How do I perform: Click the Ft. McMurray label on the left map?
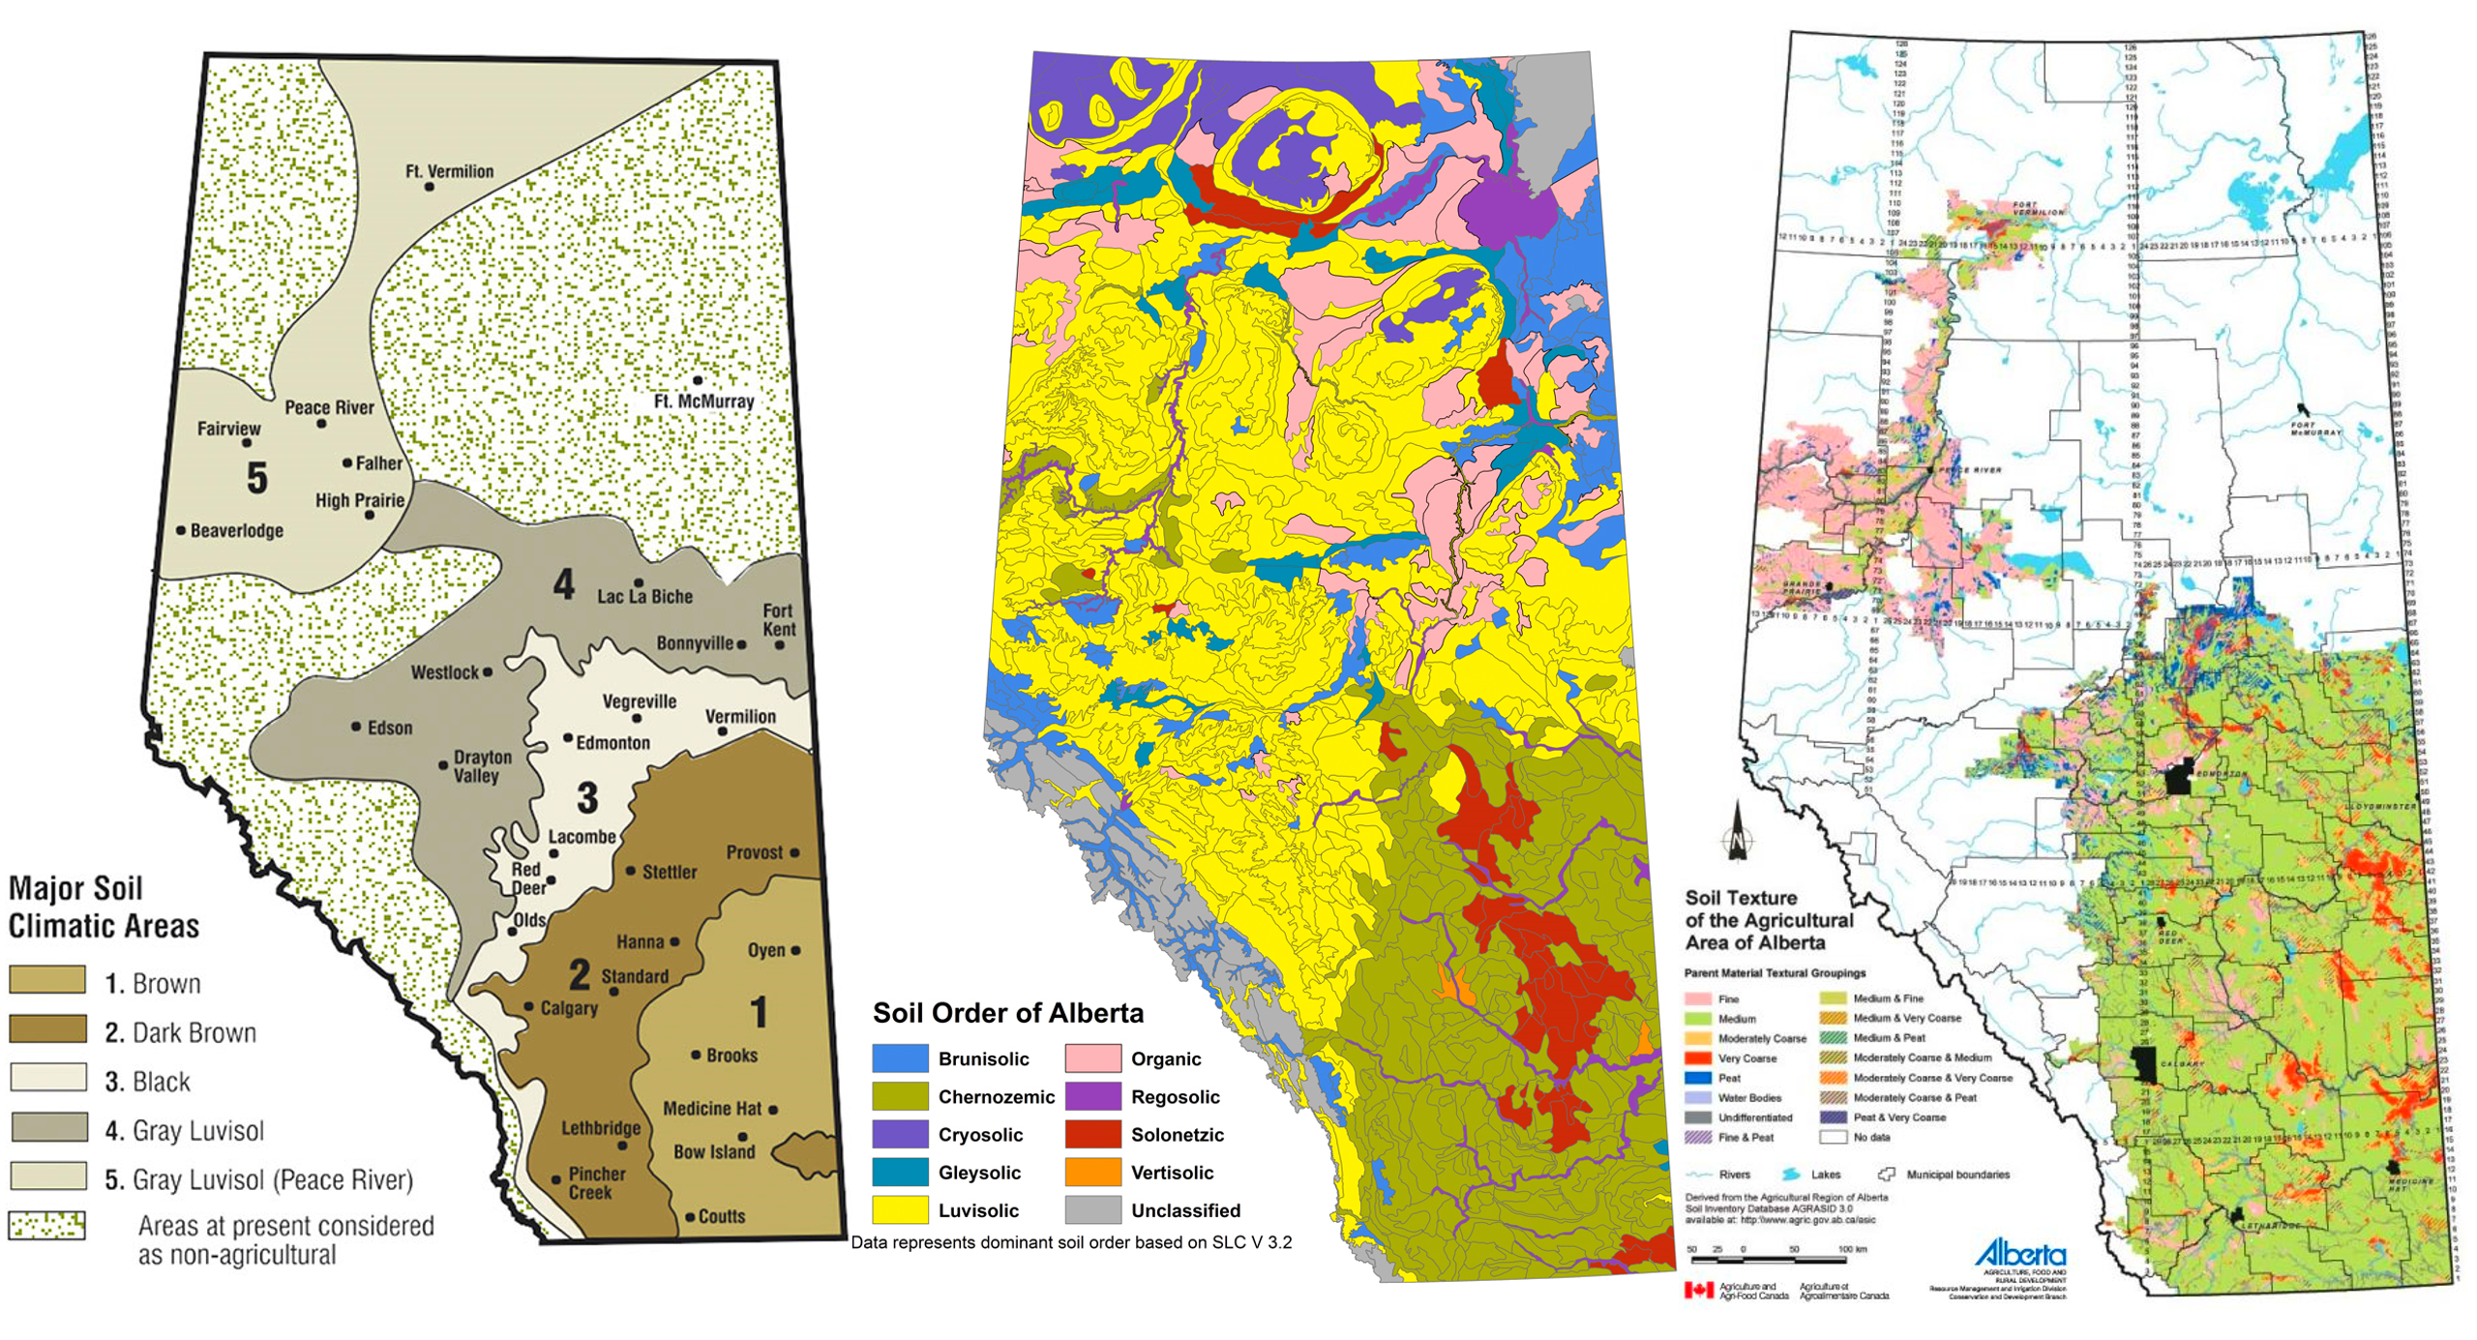coord(703,401)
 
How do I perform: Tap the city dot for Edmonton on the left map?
coord(568,738)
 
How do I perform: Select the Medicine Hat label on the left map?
coord(712,1109)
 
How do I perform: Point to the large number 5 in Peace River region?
coord(256,478)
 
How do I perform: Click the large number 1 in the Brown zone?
coord(760,1012)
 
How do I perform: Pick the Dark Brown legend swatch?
coord(47,1028)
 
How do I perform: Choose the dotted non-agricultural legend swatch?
coord(47,1225)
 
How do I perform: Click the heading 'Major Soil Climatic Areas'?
coord(103,907)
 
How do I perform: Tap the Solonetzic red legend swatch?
coord(1092,1134)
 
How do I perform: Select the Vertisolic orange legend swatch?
coord(1092,1172)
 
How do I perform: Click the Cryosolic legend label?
coord(980,1134)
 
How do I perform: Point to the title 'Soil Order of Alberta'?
coord(1007,1013)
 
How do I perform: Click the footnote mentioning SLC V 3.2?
coord(1071,1242)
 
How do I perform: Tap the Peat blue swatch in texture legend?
coord(1698,1078)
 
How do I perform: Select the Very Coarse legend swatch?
coord(1698,1058)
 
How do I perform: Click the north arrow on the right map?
coord(1738,832)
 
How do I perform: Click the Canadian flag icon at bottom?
coord(1698,1290)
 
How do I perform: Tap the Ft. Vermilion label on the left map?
coord(449,171)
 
